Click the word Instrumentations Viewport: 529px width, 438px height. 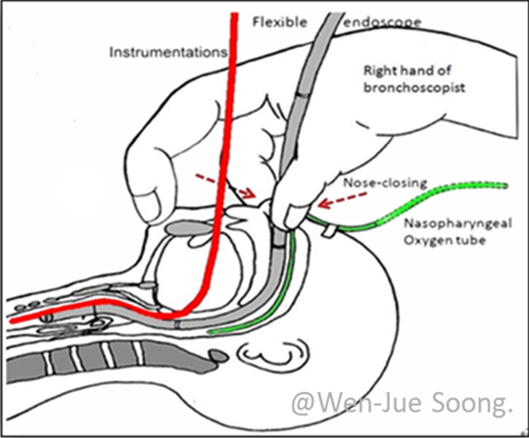tap(168, 52)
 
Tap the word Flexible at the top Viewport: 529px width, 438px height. tap(280, 23)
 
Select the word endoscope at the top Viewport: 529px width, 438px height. tap(382, 23)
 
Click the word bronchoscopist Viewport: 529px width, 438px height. tap(414, 87)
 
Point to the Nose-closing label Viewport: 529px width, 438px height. tap(385, 183)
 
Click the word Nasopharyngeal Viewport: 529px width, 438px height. tap(457, 224)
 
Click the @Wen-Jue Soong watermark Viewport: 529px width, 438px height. tap(403, 404)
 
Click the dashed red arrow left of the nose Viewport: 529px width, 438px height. tap(225, 185)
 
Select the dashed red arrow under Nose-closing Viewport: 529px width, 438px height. tap(343, 200)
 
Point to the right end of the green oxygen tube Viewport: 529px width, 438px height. tap(505, 185)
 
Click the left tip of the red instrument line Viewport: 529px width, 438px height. tap(12, 320)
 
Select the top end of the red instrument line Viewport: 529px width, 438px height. tap(234, 14)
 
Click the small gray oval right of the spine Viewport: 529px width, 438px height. tap(217, 356)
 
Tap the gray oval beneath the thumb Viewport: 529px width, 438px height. tap(189, 227)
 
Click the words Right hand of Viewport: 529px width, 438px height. tap(408, 71)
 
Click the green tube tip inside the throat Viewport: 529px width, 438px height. tap(210, 332)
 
